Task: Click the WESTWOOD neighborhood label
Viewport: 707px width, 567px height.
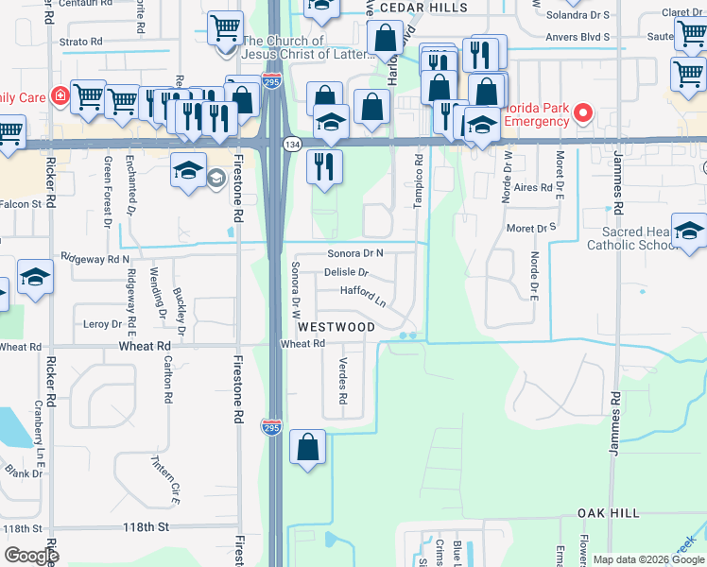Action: coord(336,326)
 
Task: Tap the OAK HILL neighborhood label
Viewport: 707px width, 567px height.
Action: coord(611,513)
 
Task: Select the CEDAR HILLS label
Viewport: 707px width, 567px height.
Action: coord(423,8)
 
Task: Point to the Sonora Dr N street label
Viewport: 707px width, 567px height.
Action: coord(355,253)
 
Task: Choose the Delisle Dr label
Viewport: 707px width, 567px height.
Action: coord(345,272)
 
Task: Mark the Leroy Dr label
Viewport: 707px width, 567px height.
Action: coord(103,324)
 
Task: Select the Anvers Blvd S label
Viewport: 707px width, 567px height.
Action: coord(578,38)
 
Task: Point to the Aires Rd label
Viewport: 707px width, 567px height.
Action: coord(533,188)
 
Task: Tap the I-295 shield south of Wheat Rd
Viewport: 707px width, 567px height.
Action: coord(271,426)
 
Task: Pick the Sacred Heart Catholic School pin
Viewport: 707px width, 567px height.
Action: coord(689,233)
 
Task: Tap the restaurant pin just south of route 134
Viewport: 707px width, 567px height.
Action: coord(324,167)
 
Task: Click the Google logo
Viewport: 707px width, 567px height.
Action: coord(31,556)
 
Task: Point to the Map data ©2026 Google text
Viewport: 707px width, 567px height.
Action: coord(647,559)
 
